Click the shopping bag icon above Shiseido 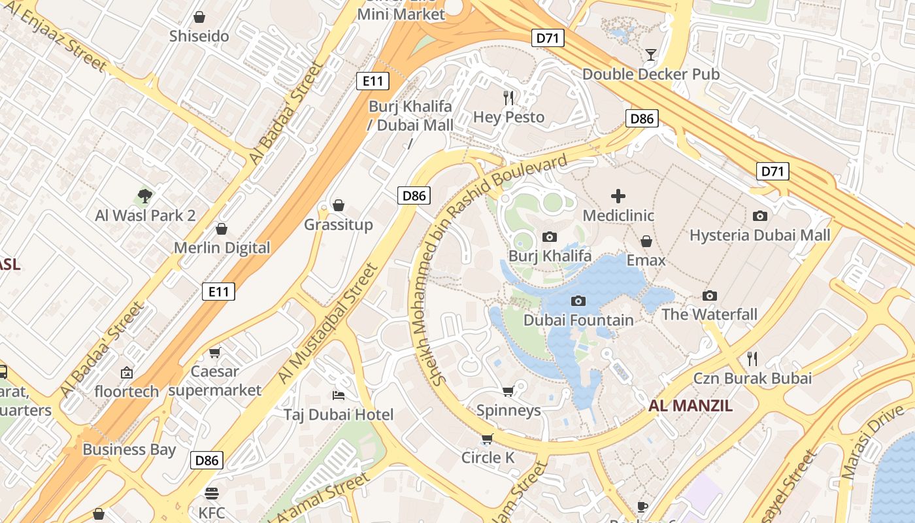(199, 17)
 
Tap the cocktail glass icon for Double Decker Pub (651, 54)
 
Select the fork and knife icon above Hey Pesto (508, 98)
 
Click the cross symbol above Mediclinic (618, 195)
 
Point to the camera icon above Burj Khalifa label (550, 237)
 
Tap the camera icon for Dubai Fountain (578, 301)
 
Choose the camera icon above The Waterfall (709, 295)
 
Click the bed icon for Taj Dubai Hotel (339, 395)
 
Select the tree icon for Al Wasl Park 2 (145, 195)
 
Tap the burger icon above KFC (211, 493)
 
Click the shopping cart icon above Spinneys (508, 391)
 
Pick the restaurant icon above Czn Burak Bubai (752, 358)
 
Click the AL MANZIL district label (690, 405)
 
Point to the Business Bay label (129, 449)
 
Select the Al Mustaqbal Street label (328, 323)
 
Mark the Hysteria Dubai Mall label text (759, 235)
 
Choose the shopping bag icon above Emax (646, 241)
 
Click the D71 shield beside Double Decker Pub (547, 38)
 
